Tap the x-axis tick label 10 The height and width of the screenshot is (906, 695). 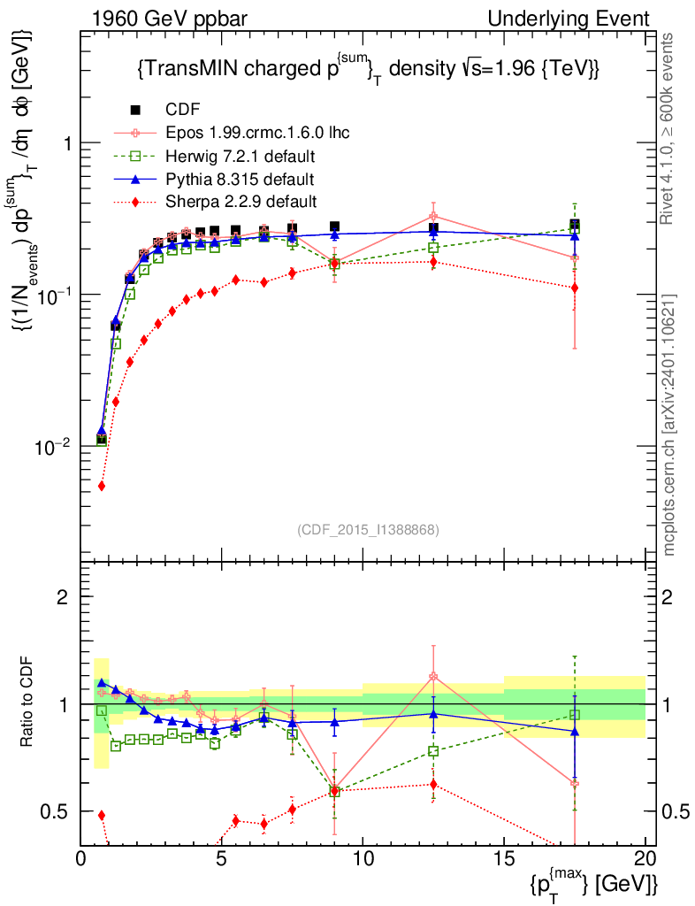pos(363,857)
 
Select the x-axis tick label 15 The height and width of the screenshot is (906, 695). pos(504,857)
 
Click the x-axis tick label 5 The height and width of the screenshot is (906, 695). pos(222,857)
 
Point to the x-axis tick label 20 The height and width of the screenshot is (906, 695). pos(645,857)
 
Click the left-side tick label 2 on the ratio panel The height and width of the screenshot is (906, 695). pos(63,597)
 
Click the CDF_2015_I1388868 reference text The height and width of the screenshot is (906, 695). pos(368,529)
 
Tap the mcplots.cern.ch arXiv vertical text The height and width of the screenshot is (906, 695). pos(670,425)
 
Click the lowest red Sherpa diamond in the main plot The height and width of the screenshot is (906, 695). pos(102,486)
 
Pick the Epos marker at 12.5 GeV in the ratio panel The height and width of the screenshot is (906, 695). pos(433,677)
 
